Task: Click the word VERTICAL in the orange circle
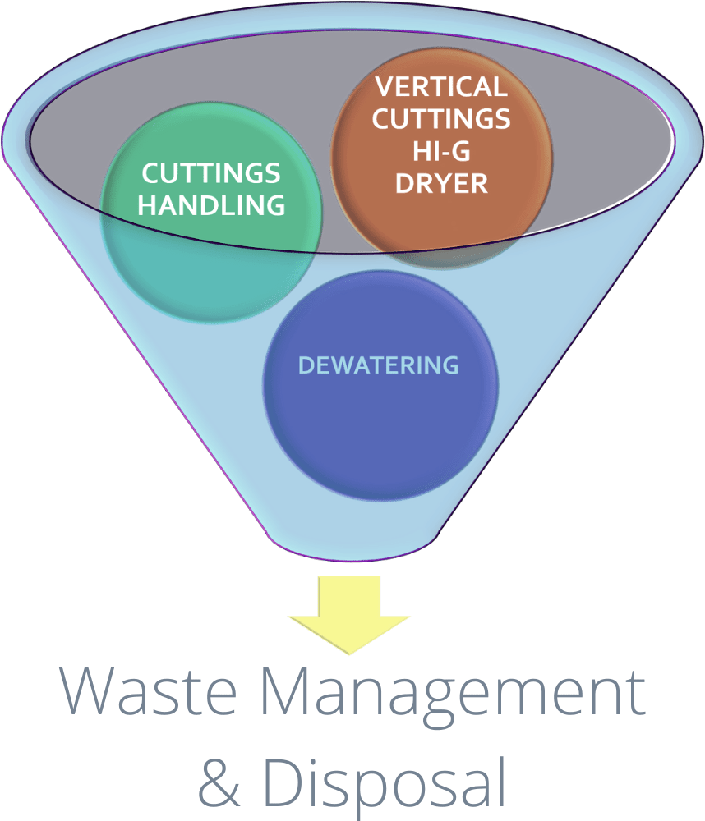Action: click(441, 87)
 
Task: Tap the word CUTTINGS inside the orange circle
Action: click(441, 119)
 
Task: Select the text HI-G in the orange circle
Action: click(441, 152)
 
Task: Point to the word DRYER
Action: click(441, 183)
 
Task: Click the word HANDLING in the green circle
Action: click(211, 205)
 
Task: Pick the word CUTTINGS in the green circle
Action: click(211, 173)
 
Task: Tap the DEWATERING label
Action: click(378, 365)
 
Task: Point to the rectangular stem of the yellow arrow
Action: click(350, 593)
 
